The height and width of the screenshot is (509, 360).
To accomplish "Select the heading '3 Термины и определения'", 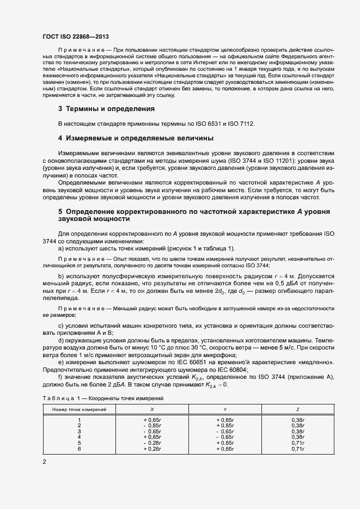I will click(x=106, y=109).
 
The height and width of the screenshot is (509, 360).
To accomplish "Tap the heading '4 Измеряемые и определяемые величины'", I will click(x=136, y=138).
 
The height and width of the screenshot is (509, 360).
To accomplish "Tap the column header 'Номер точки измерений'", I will click(x=80, y=408).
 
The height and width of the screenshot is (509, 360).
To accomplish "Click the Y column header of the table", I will click(x=225, y=408).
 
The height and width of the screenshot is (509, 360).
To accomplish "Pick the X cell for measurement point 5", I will click(x=152, y=443).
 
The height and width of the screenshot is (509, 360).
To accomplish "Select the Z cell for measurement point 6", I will click(x=297, y=449).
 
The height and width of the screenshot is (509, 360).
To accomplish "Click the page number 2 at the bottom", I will click(x=44, y=462).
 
